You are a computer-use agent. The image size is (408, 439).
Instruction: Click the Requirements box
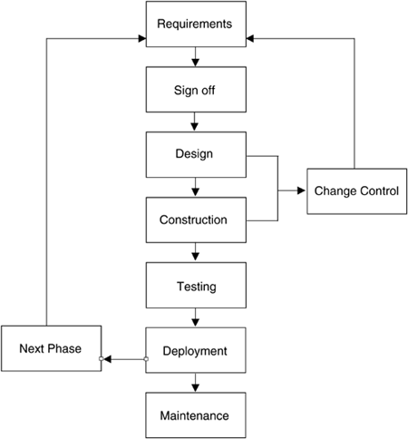[x=196, y=24]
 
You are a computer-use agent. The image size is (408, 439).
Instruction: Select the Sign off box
[x=196, y=90]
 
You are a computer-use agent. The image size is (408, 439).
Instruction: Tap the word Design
[x=194, y=153]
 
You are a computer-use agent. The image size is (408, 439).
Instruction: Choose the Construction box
[x=196, y=219]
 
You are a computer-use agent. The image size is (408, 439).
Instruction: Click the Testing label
[x=197, y=287]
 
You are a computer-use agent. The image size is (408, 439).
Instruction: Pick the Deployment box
[x=196, y=350]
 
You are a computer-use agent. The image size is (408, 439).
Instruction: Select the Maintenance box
[x=196, y=415]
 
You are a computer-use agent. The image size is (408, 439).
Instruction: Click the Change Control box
[x=357, y=191]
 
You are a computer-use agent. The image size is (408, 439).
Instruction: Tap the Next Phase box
[x=51, y=348]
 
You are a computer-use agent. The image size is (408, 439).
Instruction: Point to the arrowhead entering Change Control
[x=301, y=190]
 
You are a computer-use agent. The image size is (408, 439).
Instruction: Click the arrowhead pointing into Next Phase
[x=107, y=359]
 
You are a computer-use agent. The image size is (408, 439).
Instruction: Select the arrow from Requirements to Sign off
[x=195, y=57]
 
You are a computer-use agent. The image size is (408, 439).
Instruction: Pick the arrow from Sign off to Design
[x=195, y=122]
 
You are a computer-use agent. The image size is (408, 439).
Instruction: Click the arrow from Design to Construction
[x=195, y=187]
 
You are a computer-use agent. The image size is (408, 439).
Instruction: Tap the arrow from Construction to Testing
[x=195, y=252]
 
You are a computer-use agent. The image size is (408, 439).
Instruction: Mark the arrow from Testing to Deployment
[x=195, y=317]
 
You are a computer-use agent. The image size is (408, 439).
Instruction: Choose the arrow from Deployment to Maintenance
[x=195, y=383]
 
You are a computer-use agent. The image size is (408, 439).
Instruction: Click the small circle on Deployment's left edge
[x=146, y=359]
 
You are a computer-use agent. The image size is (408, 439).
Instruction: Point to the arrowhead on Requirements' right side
[x=250, y=38]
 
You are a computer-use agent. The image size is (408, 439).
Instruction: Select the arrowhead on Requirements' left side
[x=142, y=38]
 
